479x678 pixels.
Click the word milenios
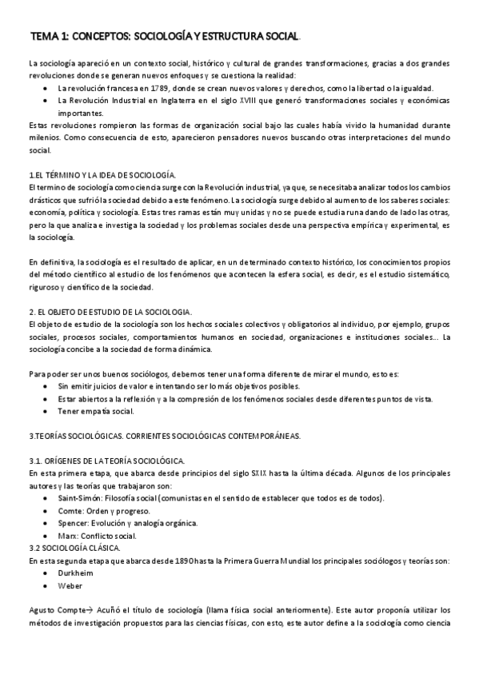pos(43,138)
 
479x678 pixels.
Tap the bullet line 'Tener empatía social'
pos(96,411)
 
